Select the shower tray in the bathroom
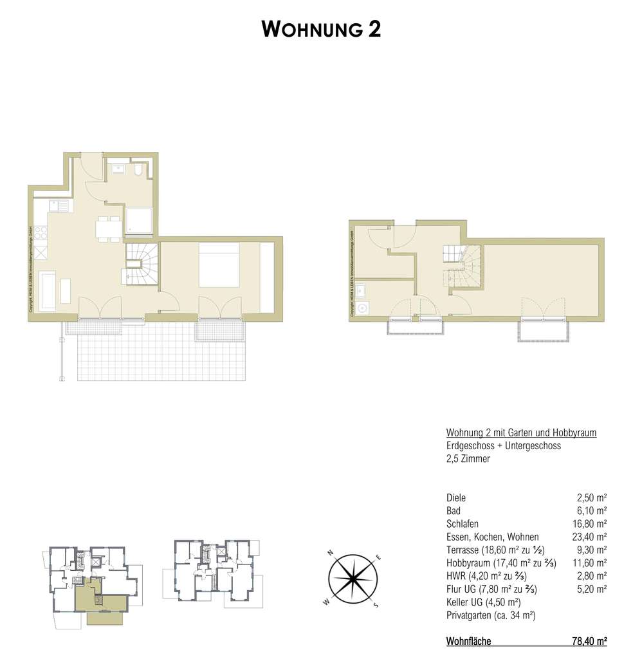click(139, 220)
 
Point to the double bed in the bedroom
click(219, 264)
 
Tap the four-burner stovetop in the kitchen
click(40, 230)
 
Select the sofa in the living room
click(47, 291)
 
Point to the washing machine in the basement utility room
click(363, 308)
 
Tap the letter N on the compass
click(329, 553)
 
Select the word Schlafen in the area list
click(462, 524)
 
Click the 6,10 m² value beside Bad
click(592, 511)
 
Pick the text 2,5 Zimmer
click(468, 459)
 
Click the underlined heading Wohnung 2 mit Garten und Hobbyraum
click(521, 433)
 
